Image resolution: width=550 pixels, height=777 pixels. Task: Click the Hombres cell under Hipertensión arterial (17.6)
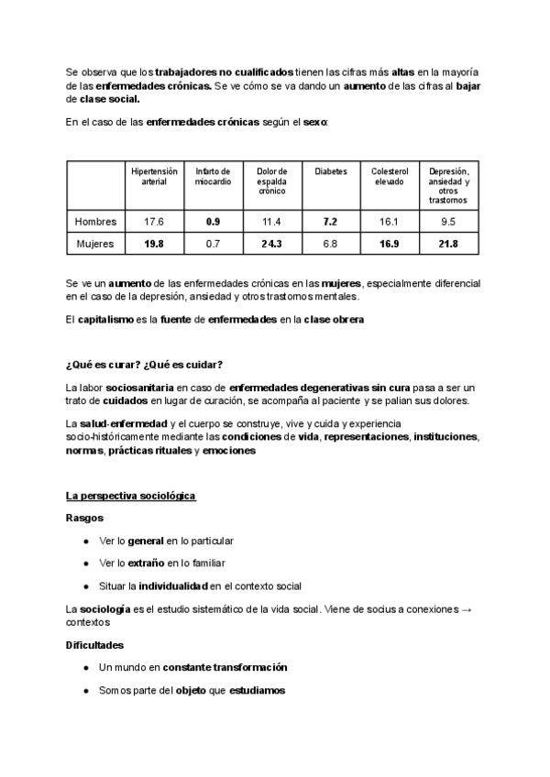(x=153, y=222)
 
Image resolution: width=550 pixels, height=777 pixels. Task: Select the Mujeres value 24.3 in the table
(x=271, y=244)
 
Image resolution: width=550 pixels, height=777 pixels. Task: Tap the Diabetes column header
(x=331, y=171)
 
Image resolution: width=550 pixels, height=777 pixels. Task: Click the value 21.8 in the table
(x=447, y=244)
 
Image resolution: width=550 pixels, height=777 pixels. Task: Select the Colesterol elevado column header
(x=389, y=176)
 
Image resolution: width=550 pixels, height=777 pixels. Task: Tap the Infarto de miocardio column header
(x=213, y=176)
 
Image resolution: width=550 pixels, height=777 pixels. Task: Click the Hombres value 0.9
(x=213, y=222)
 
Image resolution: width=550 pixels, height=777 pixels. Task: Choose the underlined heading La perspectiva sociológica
(x=130, y=496)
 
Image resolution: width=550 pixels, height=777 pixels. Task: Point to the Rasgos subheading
(x=83, y=518)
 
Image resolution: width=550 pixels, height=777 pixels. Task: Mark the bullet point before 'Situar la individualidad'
(x=85, y=585)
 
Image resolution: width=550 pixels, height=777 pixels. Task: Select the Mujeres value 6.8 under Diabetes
(x=331, y=244)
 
